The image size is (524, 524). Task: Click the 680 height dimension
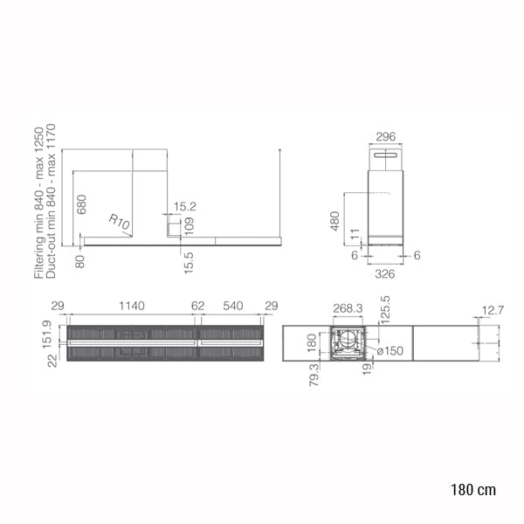point(81,204)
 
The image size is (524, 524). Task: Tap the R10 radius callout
point(119,222)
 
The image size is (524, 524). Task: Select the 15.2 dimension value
point(184,206)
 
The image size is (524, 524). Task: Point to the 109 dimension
point(189,226)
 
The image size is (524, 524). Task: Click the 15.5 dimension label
point(189,263)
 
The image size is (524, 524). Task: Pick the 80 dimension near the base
point(80,261)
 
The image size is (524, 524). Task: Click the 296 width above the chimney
point(385,136)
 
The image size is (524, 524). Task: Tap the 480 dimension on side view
point(334,221)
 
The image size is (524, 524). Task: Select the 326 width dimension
point(385,274)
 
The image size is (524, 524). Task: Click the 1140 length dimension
point(132,306)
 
